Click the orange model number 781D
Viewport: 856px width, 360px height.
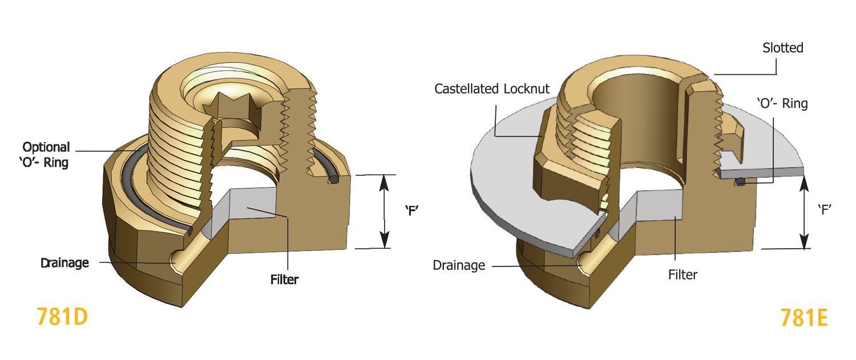(x=62, y=316)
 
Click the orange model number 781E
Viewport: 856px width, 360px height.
(x=803, y=317)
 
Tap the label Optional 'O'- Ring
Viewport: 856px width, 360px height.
(x=46, y=155)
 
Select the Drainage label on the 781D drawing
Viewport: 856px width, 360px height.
(x=64, y=263)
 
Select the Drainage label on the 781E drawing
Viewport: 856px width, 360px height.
(x=459, y=265)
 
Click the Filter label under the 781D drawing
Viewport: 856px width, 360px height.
(x=284, y=280)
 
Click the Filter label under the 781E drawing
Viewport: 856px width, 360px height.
(x=683, y=274)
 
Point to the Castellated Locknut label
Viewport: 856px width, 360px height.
(x=492, y=89)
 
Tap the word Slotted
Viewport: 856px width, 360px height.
(x=782, y=48)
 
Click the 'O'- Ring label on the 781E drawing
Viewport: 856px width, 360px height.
(x=782, y=103)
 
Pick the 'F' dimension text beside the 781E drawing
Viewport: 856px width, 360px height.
(x=823, y=209)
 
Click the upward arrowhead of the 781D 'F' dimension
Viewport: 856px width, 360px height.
(x=385, y=181)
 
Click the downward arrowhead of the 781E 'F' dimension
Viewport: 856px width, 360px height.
(x=805, y=242)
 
